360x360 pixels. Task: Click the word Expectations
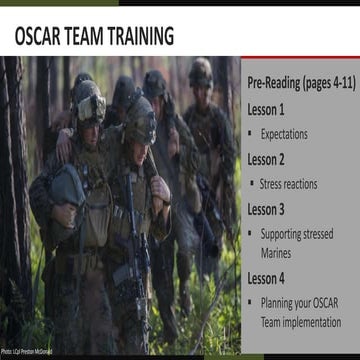[285, 133]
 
